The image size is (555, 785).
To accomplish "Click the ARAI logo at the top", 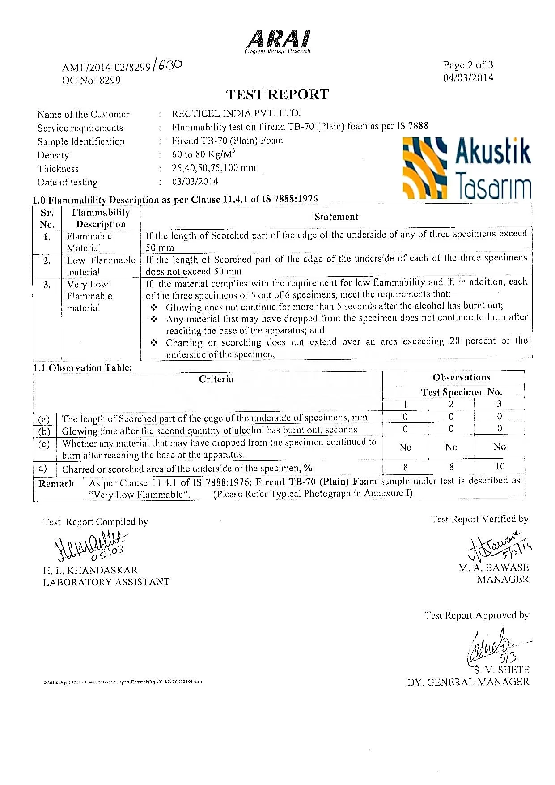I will [x=278, y=42].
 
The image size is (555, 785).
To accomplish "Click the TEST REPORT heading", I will [x=277, y=94].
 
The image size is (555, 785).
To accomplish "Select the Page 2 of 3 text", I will [x=468, y=65].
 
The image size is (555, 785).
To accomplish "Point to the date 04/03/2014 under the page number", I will [x=468, y=78].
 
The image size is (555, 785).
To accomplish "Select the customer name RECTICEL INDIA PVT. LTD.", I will [x=236, y=113].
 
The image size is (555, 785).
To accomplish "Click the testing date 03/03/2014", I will [x=195, y=182].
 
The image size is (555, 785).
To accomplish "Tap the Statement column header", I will [x=336, y=217].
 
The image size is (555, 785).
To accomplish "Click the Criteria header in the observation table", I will [x=216, y=380].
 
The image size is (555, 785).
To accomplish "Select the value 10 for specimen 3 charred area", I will [x=500, y=466].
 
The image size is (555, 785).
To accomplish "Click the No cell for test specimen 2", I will [x=451, y=447].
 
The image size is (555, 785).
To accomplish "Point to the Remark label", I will [x=56, y=484].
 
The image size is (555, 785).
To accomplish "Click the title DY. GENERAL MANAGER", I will [x=468, y=683].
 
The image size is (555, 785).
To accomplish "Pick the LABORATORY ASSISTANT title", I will [x=106, y=582].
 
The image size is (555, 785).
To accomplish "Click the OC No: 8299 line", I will [x=91, y=81].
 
